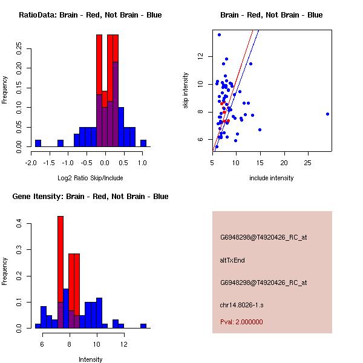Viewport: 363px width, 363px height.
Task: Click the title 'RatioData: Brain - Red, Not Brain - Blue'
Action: (90, 15)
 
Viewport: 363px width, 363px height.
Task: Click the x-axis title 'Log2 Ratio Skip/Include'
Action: (90, 178)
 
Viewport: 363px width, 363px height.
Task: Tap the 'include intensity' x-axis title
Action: (272, 178)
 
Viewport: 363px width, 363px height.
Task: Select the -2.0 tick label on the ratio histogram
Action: (31, 163)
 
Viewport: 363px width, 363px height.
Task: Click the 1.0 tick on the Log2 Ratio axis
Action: (142, 163)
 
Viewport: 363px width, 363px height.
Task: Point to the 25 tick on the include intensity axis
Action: (307, 163)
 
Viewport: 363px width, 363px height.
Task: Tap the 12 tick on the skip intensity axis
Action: (200, 56)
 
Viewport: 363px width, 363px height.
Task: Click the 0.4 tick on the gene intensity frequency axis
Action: (19, 224)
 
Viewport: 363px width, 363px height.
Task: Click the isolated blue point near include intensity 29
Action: (327, 114)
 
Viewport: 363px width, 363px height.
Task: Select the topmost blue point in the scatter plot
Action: (219, 34)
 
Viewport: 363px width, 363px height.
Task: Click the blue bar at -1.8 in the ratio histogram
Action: (38, 143)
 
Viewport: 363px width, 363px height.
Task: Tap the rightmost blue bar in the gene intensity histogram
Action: (143, 325)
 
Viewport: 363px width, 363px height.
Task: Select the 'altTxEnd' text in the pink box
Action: (232, 260)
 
